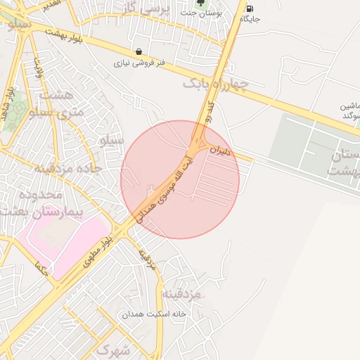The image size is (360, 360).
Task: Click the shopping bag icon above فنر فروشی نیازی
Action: tap(139, 51)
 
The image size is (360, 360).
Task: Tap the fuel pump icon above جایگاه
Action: tap(250, 8)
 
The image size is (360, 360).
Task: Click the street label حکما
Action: tap(40, 268)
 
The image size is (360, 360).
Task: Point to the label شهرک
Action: tap(114, 349)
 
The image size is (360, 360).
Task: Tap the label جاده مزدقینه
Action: tap(69, 168)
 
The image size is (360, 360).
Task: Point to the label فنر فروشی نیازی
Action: tap(141, 63)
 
